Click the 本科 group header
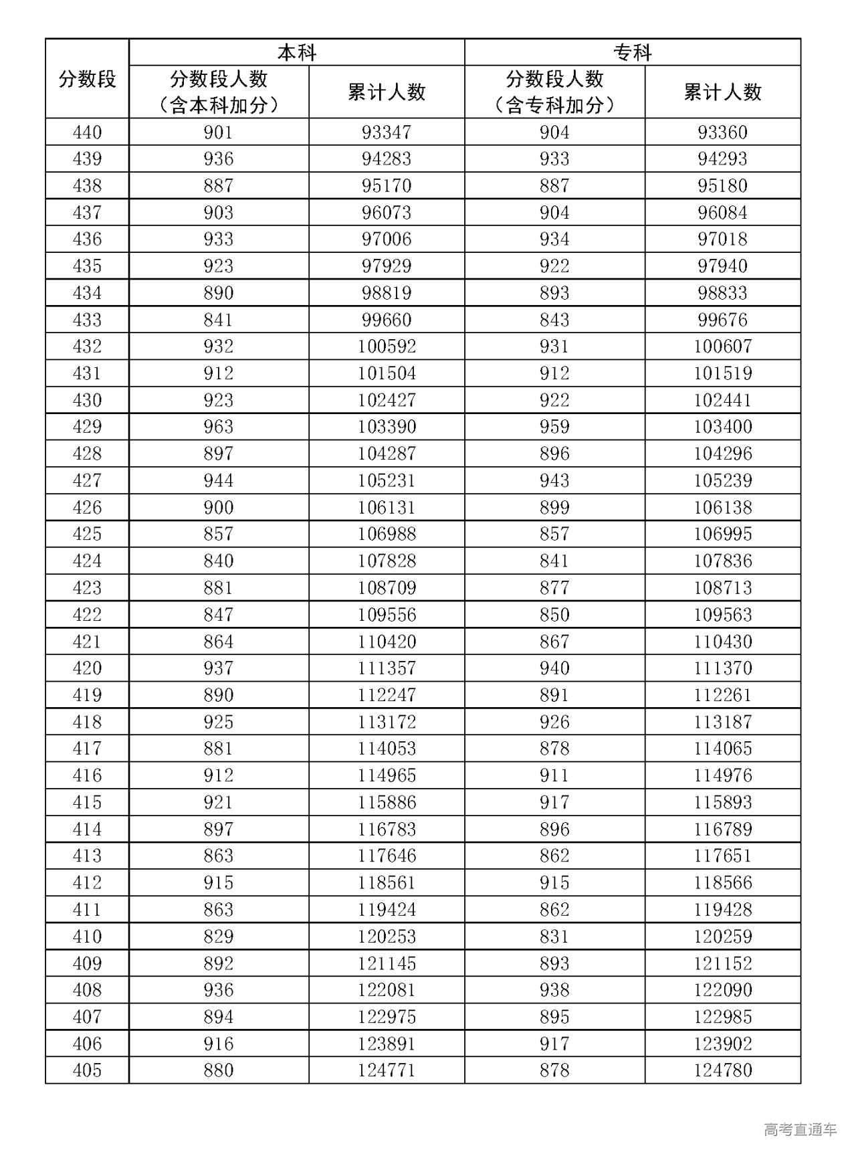pyautogui.click(x=296, y=52)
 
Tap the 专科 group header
pyautogui.click(x=632, y=52)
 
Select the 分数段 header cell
pyautogui.click(x=87, y=79)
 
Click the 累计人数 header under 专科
pyautogui.click(x=722, y=92)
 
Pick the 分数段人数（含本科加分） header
pyautogui.click(x=219, y=92)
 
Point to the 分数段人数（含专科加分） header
pyautogui.click(x=554, y=92)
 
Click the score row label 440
pyautogui.click(x=87, y=132)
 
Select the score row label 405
pyautogui.click(x=87, y=1070)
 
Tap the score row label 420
pyautogui.click(x=87, y=668)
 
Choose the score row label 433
pyautogui.click(x=87, y=320)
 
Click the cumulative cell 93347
pyautogui.click(x=387, y=132)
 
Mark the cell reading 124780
pyautogui.click(x=722, y=1070)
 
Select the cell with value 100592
pyautogui.click(x=387, y=347)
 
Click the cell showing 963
pyautogui.click(x=219, y=427)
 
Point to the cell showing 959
pyautogui.click(x=554, y=427)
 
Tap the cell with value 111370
pyautogui.click(x=722, y=668)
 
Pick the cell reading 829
pyautogui.click(x=219, y=936)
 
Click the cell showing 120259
pyautogui.click(x=722, y=936)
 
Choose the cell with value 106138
pyautogui.click(x=722, y=507)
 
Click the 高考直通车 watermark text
pyautogui.click(x=800, y=1130)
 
